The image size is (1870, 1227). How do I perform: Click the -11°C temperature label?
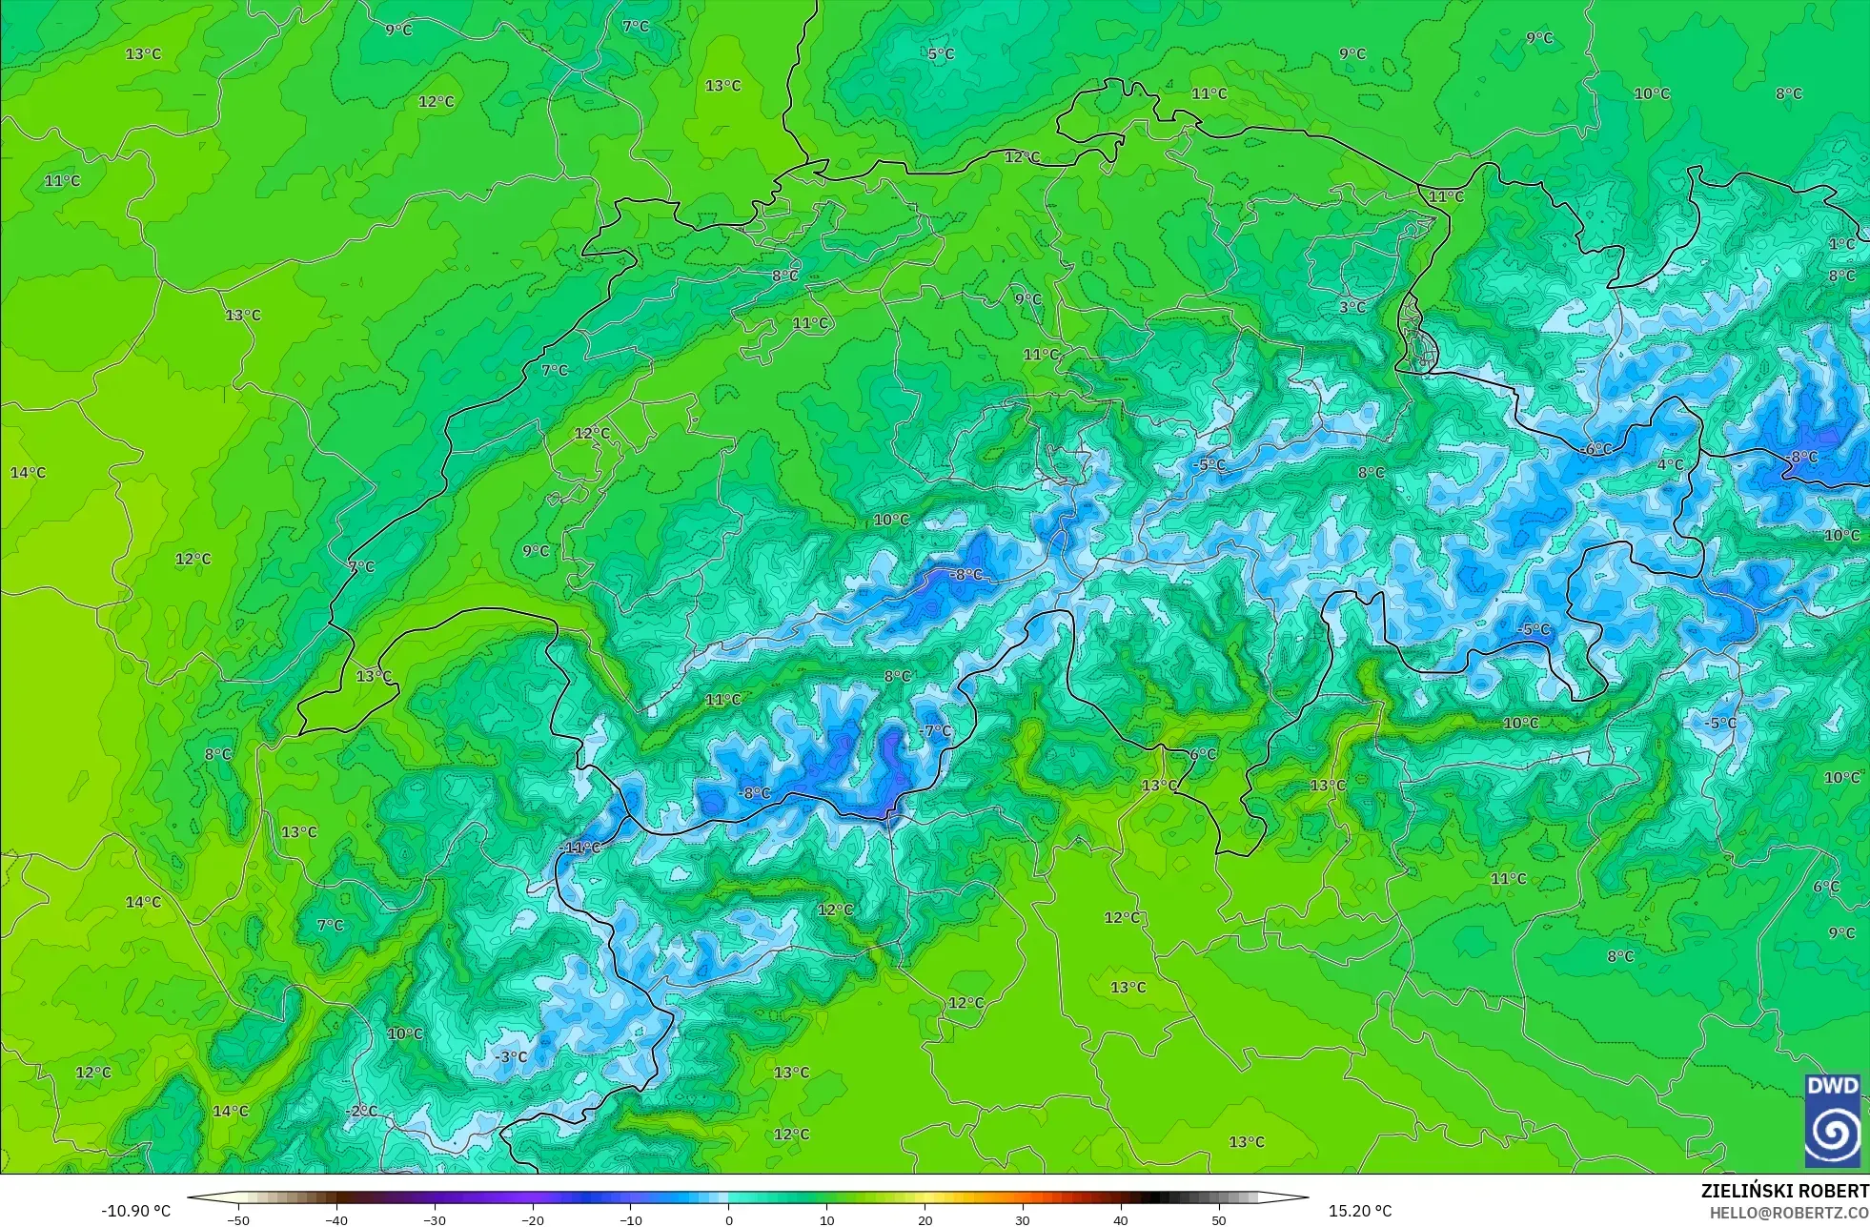coord(580,848)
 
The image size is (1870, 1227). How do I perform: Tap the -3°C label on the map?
coord(511,1056)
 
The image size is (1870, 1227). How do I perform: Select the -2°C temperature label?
coord(361,1111)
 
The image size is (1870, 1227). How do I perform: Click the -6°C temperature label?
coord(1596,449)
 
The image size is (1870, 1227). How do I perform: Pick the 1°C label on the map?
coord(1841,244)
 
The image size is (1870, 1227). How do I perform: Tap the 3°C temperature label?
coord(1352,307)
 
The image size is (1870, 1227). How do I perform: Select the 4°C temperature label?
coord(1670,464)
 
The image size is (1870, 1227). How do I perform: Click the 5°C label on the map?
coord(941,54)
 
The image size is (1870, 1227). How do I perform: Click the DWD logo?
coord(1832,1121)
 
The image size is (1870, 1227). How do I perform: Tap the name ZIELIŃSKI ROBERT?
coord(1784,1191)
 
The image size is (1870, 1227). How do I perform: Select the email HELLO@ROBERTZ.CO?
coord(1788,1213)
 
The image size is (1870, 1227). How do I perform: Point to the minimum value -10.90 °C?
coord(136,1211)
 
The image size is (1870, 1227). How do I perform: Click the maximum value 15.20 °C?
coord(1360,1211)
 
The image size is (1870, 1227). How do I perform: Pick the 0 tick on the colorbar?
coord(729,1219)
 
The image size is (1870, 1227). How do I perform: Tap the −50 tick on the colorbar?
coord(238,1219)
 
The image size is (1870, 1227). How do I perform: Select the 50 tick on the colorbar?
coord(1219,1219)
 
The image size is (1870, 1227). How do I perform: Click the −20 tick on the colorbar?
coord(533,1219)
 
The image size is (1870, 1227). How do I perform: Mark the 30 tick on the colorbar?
coord(1023,1219)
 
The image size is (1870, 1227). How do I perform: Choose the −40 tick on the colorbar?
coord(336,1219)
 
